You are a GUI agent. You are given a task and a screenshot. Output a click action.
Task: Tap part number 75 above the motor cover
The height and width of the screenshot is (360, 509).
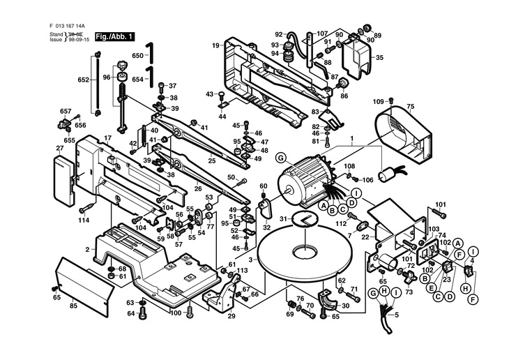[x=410, y=107]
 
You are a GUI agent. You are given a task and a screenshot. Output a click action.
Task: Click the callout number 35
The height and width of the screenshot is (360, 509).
[x=379, y=58]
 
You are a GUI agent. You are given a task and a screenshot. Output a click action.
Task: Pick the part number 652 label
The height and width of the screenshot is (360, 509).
[x=84, y=80]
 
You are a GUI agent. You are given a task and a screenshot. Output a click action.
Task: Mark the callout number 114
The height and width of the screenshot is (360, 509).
[x=84, y=220]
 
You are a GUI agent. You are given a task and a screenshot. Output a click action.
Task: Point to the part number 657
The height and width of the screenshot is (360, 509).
[x=66, y=112]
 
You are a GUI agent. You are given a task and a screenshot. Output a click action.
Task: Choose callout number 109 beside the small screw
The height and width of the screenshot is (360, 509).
[x=379, y=102]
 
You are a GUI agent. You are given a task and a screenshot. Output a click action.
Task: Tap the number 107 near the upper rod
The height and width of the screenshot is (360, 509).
[x=321, y=33]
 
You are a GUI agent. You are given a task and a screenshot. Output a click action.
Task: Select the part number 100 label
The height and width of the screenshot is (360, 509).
[x=176, y=313]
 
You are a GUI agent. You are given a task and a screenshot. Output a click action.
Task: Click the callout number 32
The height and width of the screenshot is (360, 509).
[x=266, y=227]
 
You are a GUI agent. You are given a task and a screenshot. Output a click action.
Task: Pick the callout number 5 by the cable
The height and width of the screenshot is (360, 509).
[x=398, y=314]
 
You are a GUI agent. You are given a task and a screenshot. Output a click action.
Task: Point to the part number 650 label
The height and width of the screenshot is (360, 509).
[x=137, y=56]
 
